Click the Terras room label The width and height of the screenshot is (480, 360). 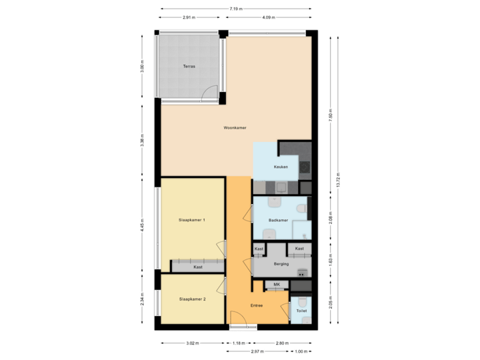coord(189,67)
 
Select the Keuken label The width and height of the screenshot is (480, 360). coord(281,167)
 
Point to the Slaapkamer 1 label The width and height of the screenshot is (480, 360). coord(192,219)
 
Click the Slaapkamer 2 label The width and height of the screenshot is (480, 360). coord(192,299)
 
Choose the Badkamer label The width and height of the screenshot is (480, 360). coord(278,219)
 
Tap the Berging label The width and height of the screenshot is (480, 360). coord(281,264)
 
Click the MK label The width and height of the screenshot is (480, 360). coord(276,285)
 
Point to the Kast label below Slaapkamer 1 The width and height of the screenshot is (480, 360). coord(197,267)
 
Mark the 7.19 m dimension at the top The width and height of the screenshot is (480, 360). coord(235,9)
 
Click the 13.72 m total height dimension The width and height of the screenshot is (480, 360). coord(338,181)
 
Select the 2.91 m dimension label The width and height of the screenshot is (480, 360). coord(189,17)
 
